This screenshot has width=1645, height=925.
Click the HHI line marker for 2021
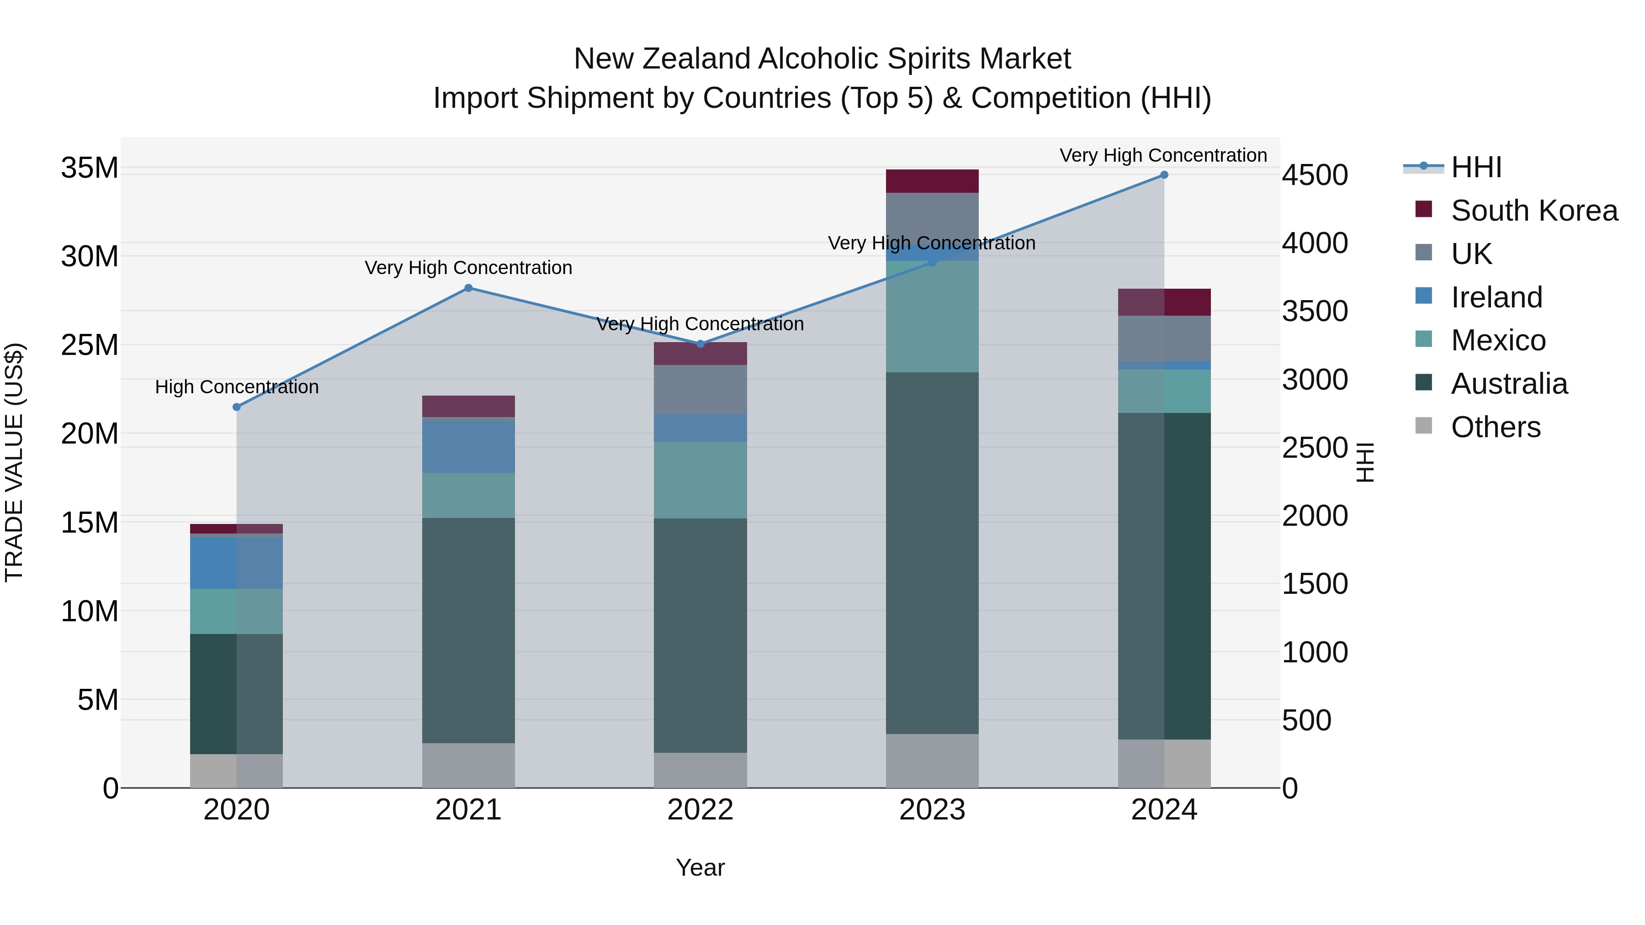tap(468, 288)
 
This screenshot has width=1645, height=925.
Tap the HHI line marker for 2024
tap(1163, 175)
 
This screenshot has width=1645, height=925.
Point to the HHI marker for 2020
tap(237, 407)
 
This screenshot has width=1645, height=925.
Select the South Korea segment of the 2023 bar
tap(932, 181)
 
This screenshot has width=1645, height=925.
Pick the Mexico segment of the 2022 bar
tap(700, 480)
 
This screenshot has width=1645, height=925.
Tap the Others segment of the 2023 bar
tap(932, 761)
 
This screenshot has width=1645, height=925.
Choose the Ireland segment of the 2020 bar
tap(237, 562)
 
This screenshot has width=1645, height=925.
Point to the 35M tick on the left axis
tap(90, 168)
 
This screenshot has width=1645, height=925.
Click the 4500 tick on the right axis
tap(1315, 175)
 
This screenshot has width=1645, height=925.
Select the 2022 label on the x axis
tap(700, 810)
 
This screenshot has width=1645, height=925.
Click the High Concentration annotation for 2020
tap(237, 387)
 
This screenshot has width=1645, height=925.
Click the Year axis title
tap(700, 867)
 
